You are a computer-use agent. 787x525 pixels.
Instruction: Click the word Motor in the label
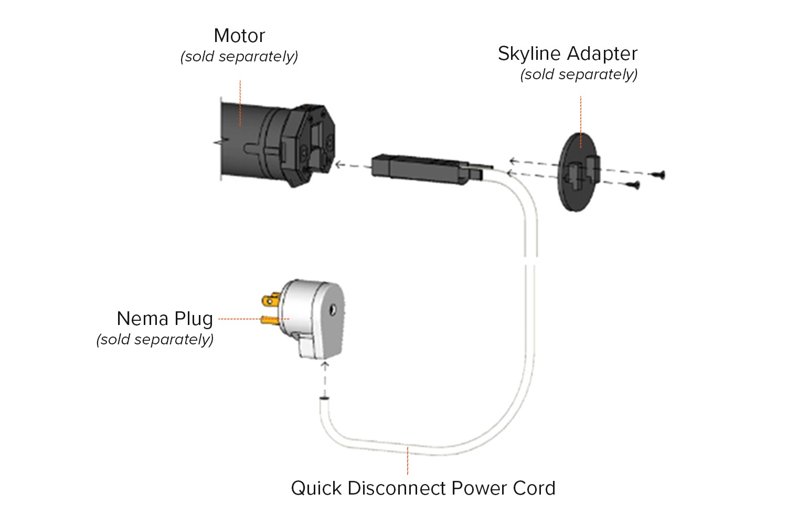[x=239, y=36]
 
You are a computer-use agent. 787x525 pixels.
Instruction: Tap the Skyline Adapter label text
[x=567, y=54]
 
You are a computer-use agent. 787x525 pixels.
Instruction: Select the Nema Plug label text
[x=165, y=319]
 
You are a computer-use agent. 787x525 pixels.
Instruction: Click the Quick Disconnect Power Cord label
[x=423, y=488]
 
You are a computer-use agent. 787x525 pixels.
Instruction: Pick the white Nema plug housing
[x=312, y=315]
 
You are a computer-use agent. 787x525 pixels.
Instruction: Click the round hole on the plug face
[x=332, y=311]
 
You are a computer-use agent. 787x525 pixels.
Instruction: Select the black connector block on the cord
[x=420, y=169]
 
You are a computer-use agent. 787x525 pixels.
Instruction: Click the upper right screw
[x=658, y=175]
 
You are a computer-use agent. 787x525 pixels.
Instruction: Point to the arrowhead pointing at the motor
[x=339, y=165]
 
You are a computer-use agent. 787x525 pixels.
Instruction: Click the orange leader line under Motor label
[x=240, y=102]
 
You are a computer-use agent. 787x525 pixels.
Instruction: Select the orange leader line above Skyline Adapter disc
[x=581, y=121]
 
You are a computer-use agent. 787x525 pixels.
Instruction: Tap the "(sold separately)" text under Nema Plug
[x=155, y=340]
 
